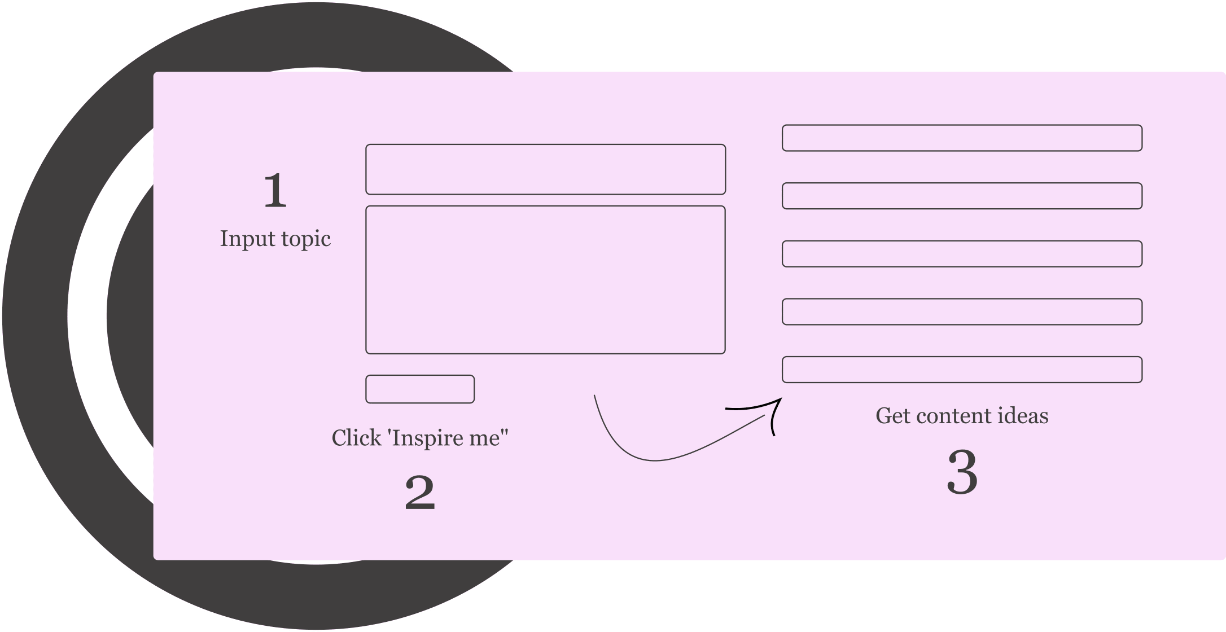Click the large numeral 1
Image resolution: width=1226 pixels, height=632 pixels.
(x=275, y=190)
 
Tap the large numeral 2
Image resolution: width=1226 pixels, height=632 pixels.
(x=420, y=493)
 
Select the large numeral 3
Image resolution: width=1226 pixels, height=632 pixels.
(x=962, y=472)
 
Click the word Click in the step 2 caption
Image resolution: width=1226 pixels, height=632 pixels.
(x=356, y=437)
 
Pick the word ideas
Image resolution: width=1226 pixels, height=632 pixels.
(x=1024, y=416)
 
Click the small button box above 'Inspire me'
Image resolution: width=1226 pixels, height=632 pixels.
(x=420, y=389)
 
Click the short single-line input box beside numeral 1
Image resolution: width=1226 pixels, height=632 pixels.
(x=545, y=169)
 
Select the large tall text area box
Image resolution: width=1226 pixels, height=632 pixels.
(x=545, y=280)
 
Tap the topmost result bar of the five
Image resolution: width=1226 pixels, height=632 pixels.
(x=962, y=138)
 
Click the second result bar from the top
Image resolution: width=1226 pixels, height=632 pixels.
(x=962, y=196)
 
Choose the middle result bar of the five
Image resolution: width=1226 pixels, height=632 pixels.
(x=962, y=254)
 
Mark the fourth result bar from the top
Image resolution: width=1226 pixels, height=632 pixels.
(x=962, y=311)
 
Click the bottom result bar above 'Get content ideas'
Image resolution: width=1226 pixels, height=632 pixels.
(x=962, y=370)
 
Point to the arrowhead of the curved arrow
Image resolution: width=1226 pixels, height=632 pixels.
(x=781, y=399)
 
